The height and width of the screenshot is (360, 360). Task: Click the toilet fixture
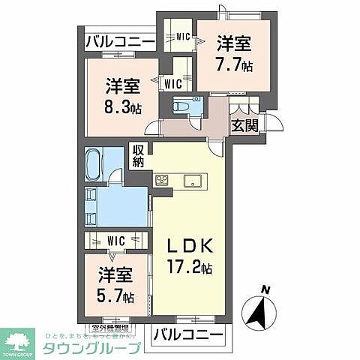(182, 107)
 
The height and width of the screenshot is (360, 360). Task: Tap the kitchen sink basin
(190, 179)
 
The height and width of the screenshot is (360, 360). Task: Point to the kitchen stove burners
(163, 179)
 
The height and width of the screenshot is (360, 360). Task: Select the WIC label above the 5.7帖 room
(116, 241)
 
